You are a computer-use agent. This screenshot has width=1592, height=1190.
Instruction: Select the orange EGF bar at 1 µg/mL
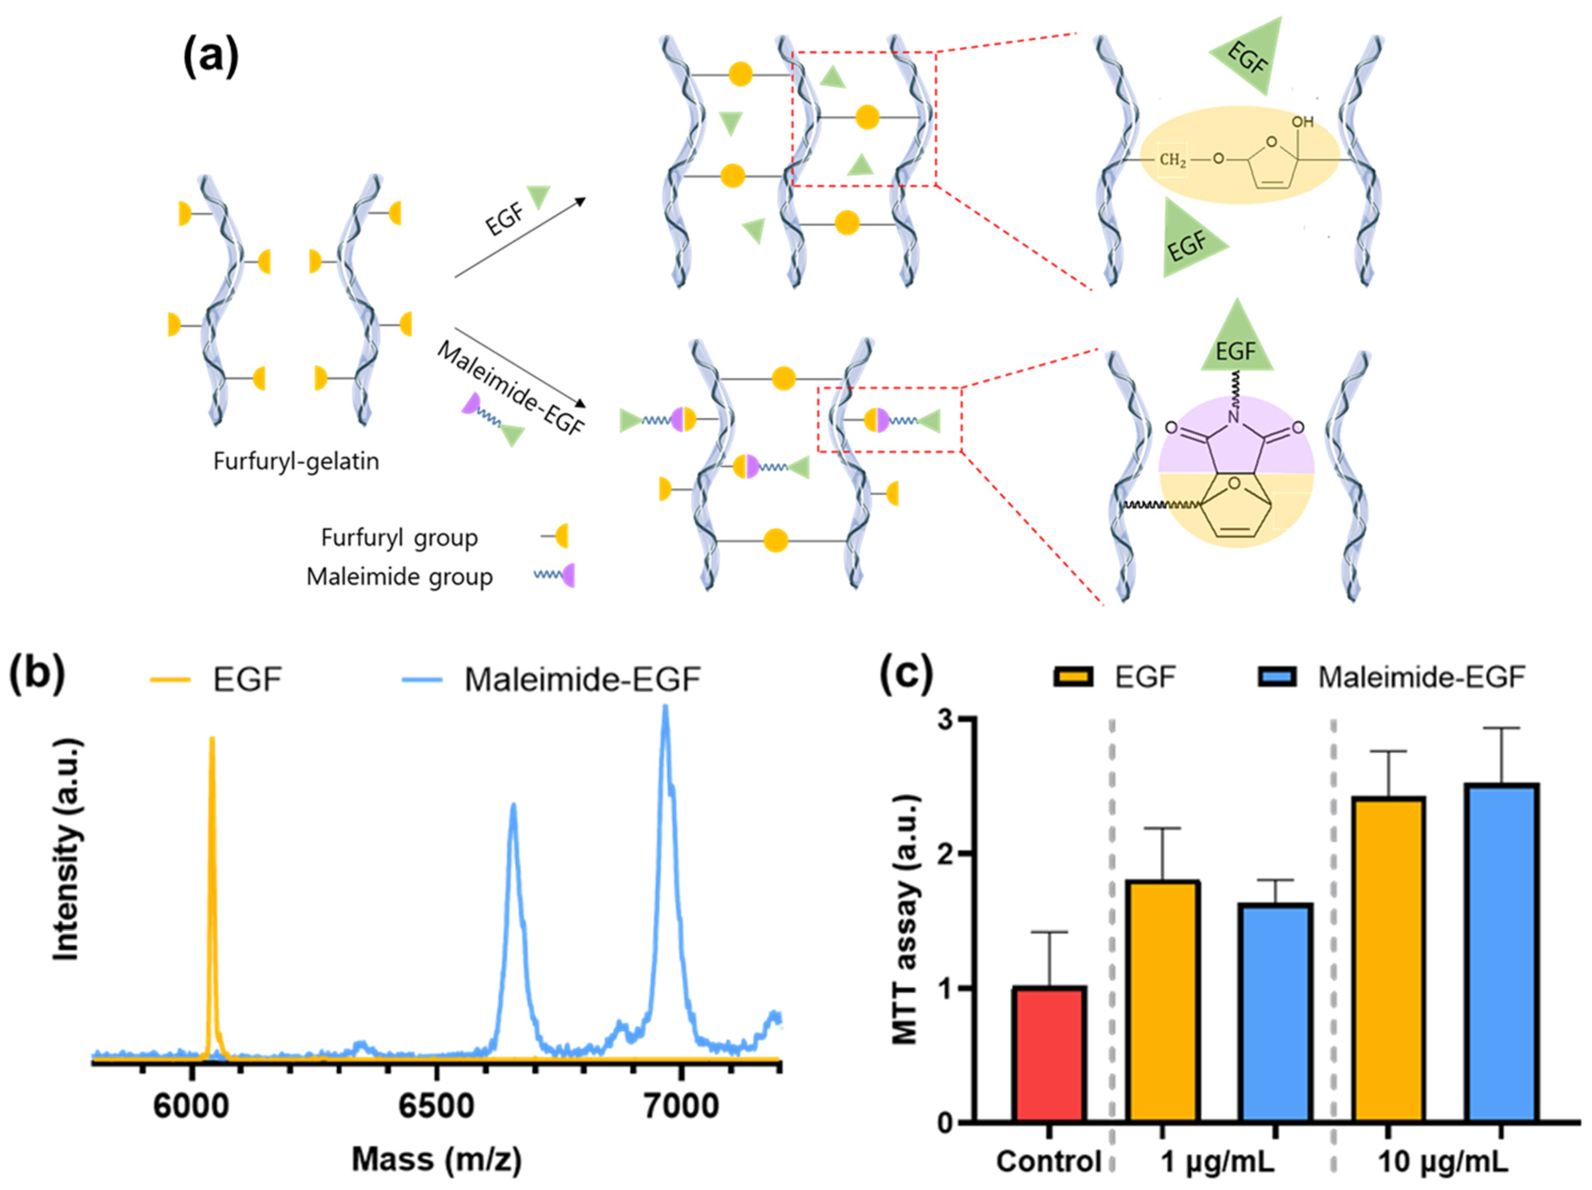tap(1162, 1001)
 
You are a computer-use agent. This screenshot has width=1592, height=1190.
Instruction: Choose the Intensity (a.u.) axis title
tap(67, 849)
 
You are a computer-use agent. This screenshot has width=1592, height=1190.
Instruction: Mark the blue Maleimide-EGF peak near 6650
tap(513, 810)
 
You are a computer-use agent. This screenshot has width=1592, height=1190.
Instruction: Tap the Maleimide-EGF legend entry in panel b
tap(582, 679)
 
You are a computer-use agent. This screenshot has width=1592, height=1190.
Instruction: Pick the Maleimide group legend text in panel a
tap(399, 576)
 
